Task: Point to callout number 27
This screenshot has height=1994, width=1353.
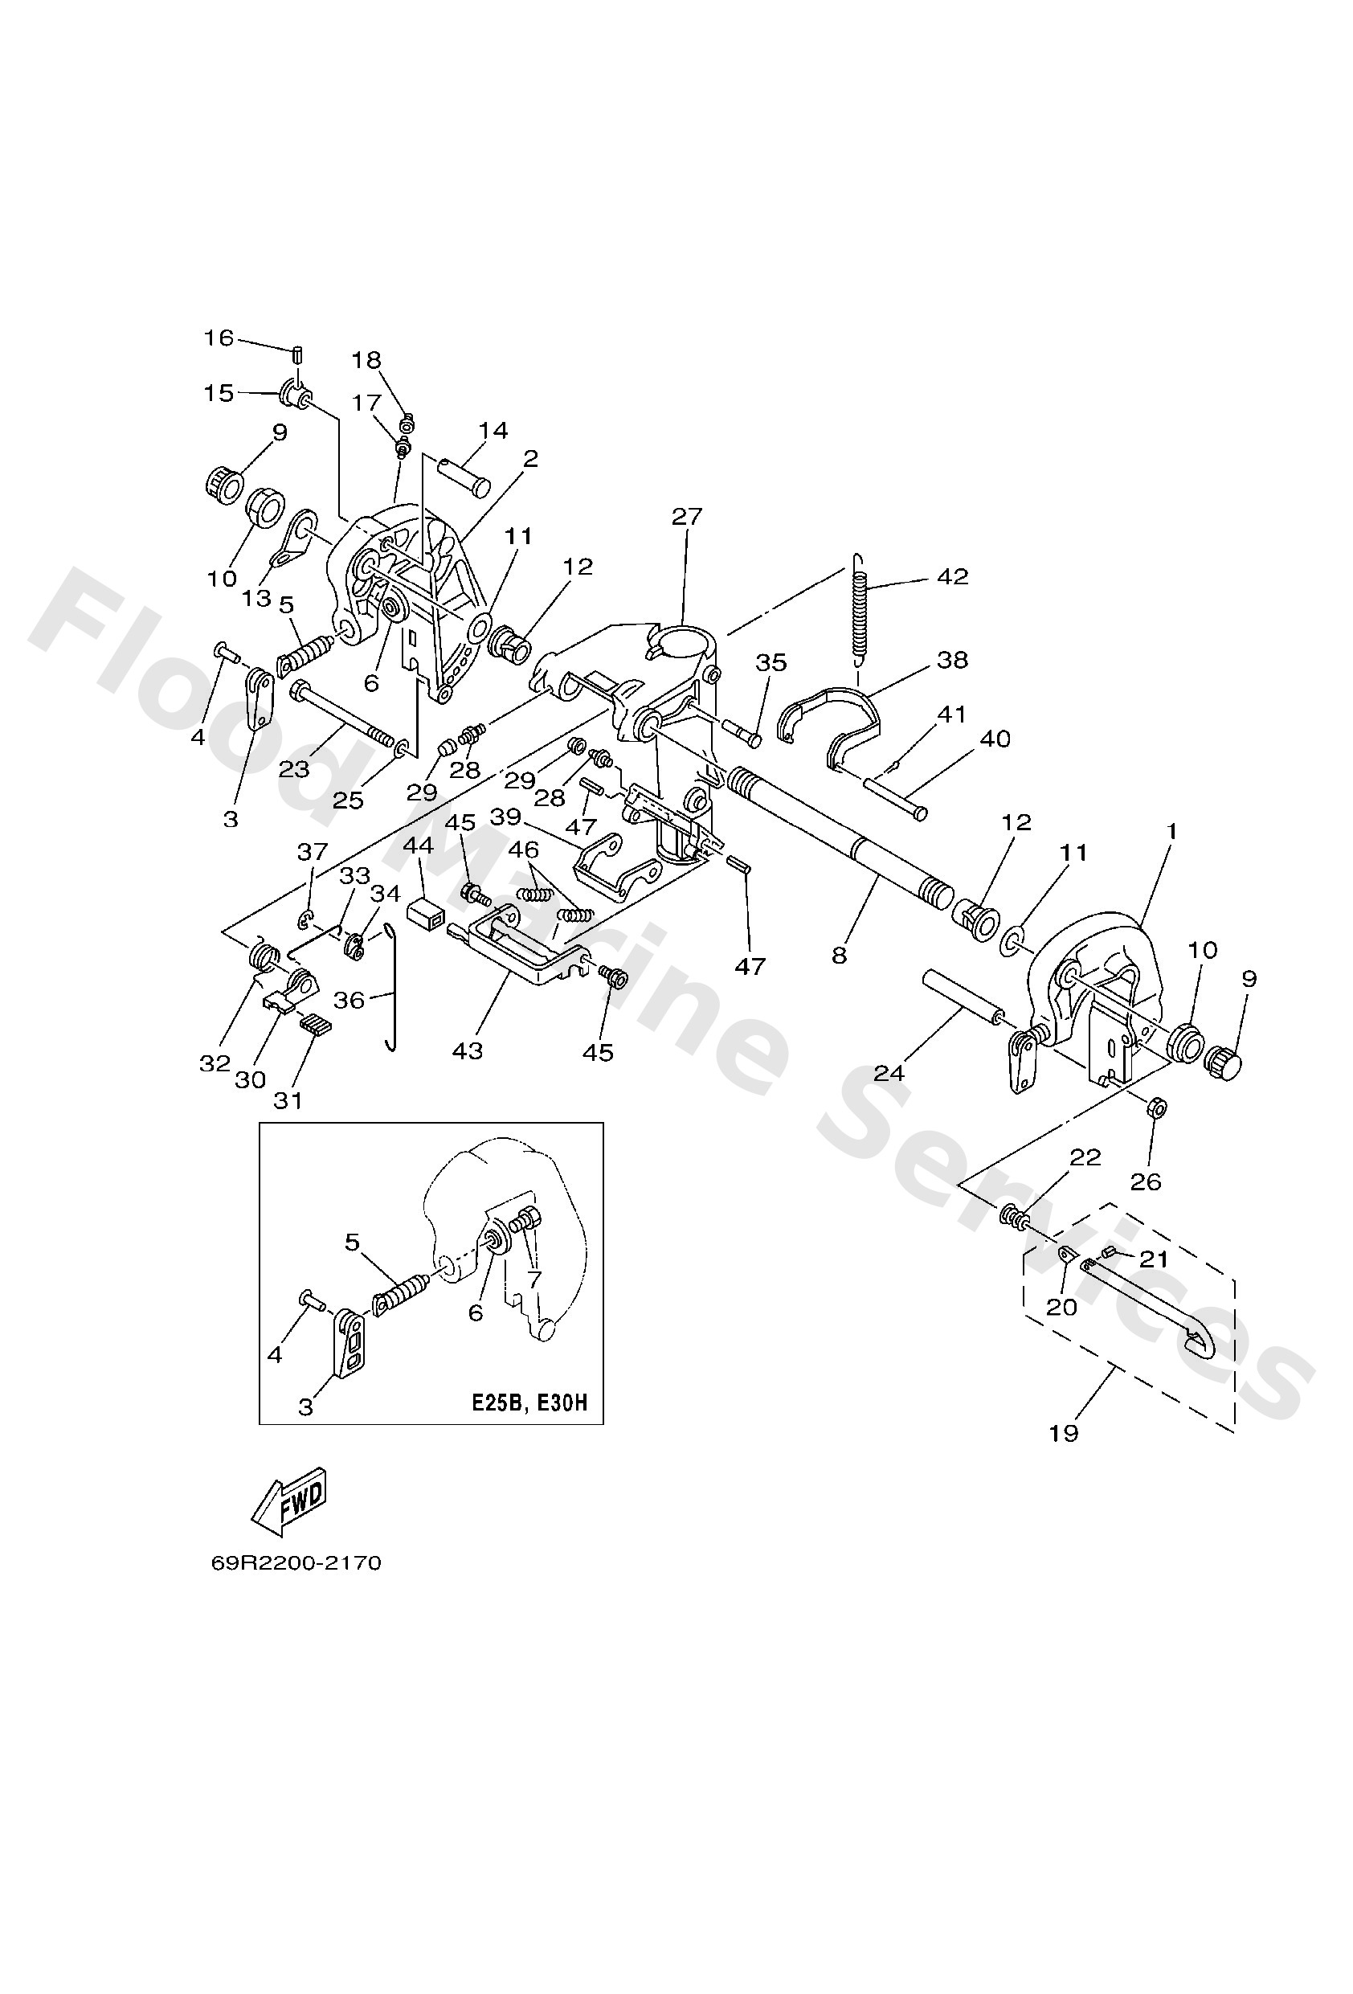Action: tap(686, 516)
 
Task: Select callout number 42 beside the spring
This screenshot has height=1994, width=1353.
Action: tap(953, 575)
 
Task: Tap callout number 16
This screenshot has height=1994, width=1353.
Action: tap(218, 338)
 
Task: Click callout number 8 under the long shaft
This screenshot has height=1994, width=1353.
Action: tap(838, 954)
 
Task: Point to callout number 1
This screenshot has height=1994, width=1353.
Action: tap(1171, 831)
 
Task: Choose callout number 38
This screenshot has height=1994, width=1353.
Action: tap(953, 660)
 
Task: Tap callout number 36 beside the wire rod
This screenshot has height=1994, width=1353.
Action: tap(349, 999)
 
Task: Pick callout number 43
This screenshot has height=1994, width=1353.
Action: tap(468, 1050)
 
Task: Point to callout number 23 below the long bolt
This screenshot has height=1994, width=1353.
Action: tap(293, 769)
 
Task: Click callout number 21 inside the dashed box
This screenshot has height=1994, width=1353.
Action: tap(1154, 1259)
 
